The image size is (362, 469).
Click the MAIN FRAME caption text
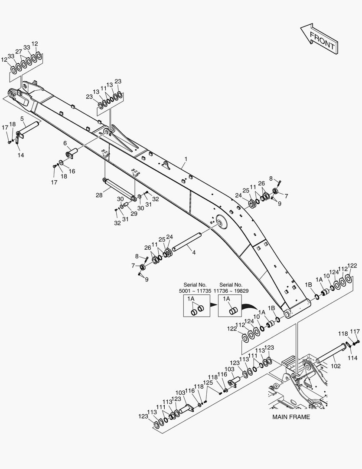coord(291,417)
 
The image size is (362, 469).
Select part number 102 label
coord(336,366)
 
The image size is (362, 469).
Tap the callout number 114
coord(352,358)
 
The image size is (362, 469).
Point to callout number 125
coord(208,383)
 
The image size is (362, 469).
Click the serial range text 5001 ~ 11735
coord(195,291)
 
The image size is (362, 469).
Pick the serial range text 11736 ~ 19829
coord(231,291)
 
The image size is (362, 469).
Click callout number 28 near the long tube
coord(99,195)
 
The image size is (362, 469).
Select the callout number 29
coord(134,214)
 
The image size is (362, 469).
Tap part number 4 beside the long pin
coord(194,253)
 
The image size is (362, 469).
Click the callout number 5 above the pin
coord(22,119)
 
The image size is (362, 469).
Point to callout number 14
coord(21,155)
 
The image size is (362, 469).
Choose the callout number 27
coord(19,51)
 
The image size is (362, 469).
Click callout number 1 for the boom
coord(186,159)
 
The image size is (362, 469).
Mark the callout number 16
coord(72,172)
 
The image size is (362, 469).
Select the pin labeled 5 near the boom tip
coord(27,129)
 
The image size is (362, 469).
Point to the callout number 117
coord(355,331)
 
